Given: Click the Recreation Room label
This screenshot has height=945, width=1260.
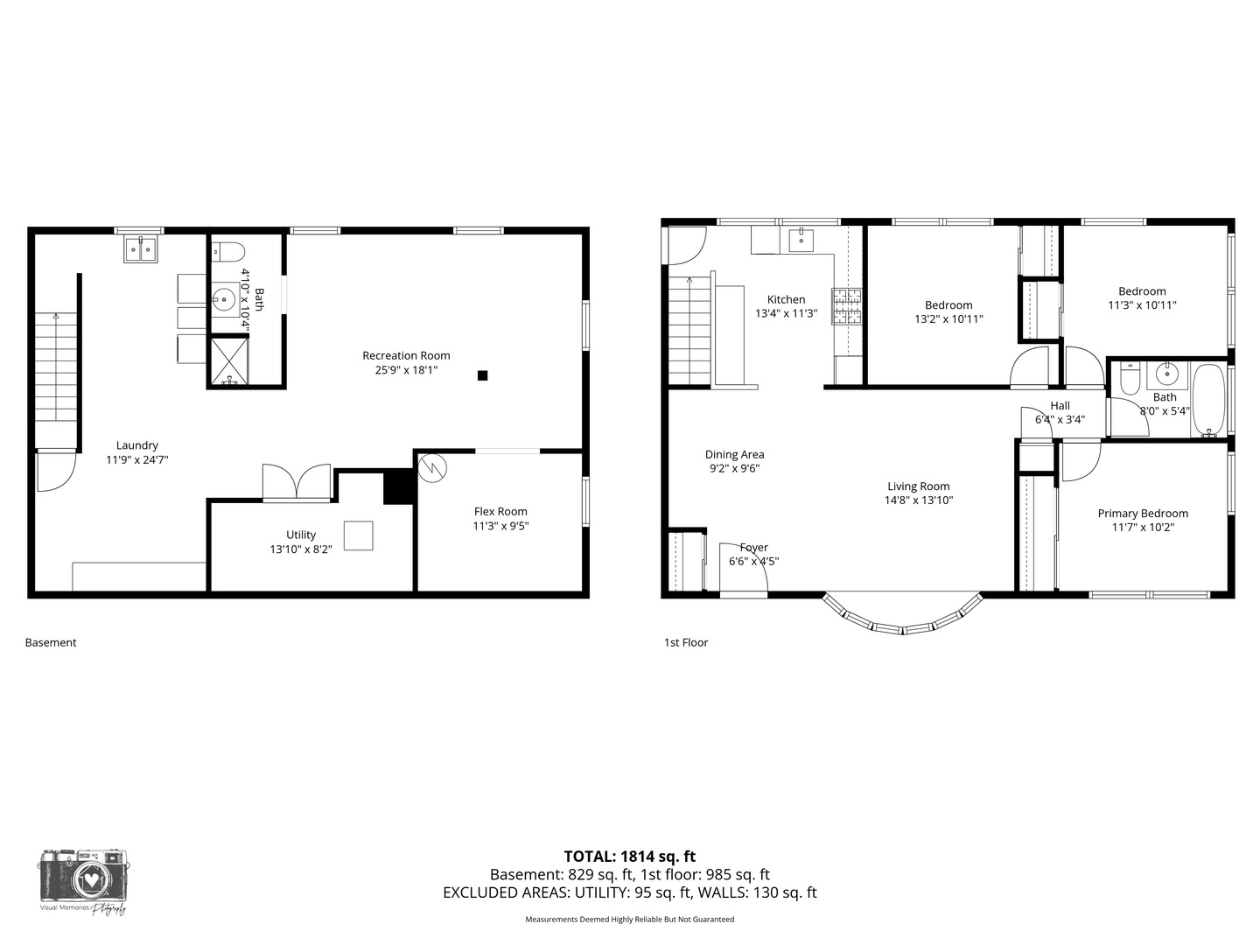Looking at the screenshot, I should click(406, 355).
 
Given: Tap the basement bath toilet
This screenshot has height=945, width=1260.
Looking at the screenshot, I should click(227, 253).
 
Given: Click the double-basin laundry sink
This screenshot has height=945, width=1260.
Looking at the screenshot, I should click(140, 249).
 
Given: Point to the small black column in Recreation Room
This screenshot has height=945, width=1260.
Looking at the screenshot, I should click(482, 375).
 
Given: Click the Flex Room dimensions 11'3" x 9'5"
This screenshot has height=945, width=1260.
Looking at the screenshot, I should click(500, 526).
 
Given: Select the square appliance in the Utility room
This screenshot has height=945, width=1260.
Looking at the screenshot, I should click(358, 535).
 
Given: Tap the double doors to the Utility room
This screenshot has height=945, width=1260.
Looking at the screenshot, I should click(297, 482).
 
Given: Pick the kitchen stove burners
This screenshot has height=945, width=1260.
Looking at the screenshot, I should click(846, 306).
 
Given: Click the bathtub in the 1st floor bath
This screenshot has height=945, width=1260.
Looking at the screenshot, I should click(1209, 401).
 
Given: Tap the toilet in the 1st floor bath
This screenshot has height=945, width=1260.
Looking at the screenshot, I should click(1128, 381).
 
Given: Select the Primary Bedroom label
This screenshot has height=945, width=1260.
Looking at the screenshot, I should click(1143, 514).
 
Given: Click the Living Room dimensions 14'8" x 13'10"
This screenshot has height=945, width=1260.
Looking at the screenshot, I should click(918, 500).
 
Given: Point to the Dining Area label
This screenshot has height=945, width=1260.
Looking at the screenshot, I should click(734, 454).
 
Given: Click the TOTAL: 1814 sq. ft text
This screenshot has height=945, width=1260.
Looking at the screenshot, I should click(629, 857).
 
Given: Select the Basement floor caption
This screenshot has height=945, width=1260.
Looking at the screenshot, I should click(51, 642).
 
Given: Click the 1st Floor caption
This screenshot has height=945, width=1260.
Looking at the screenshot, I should click(686, 642).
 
